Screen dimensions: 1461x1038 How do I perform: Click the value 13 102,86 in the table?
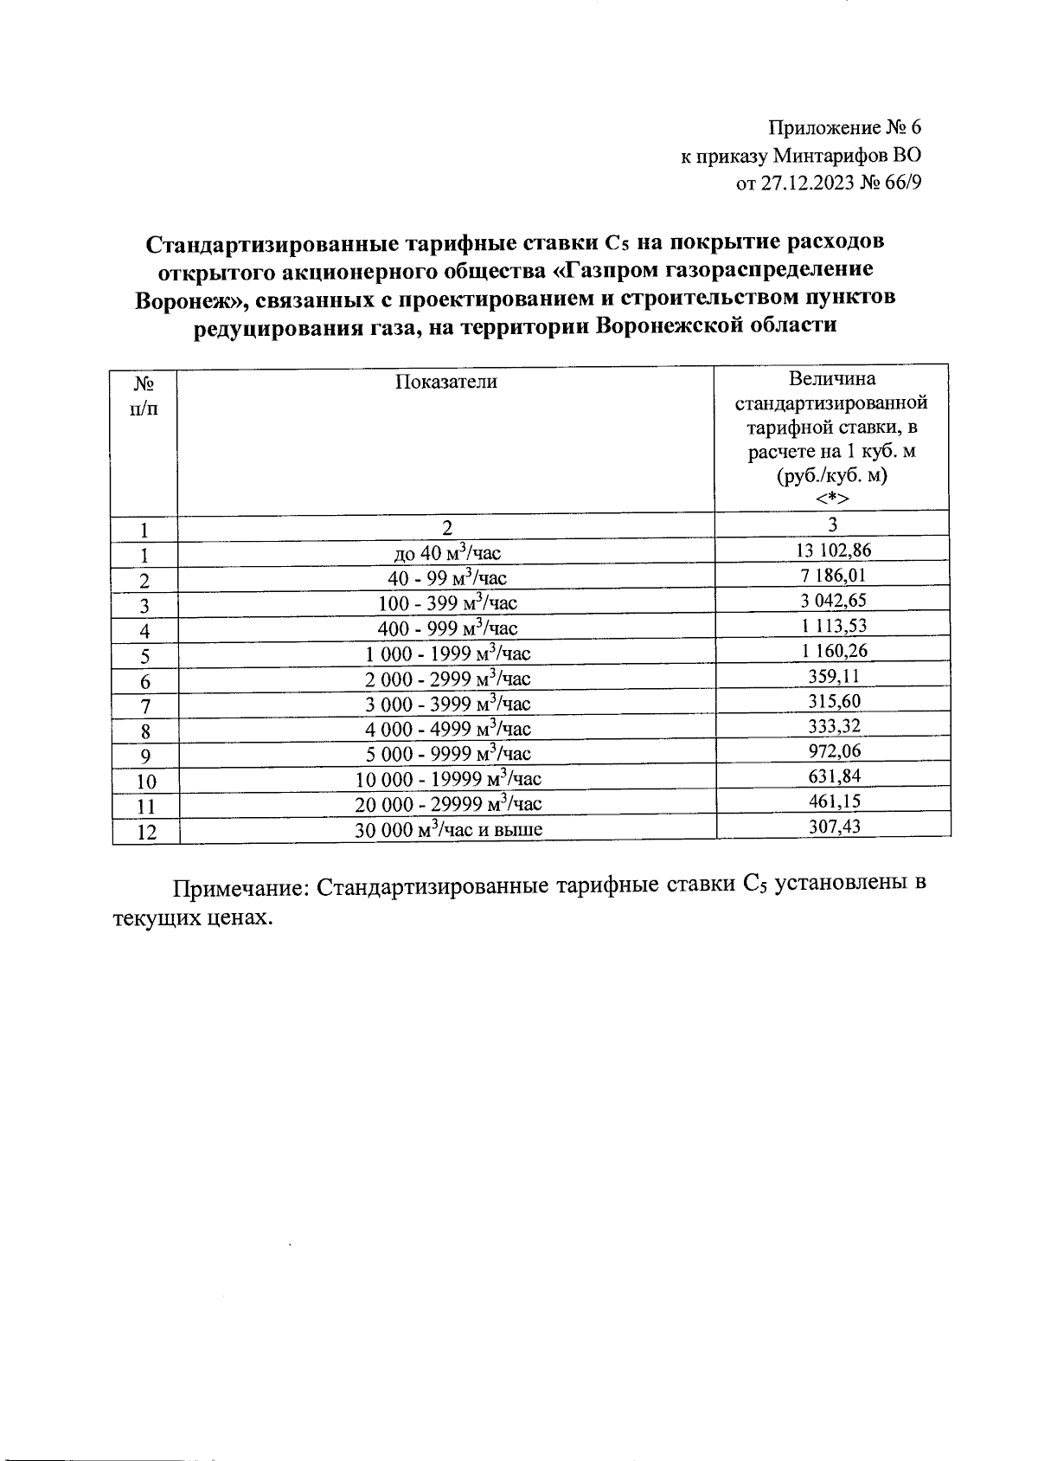[x=831, y=550]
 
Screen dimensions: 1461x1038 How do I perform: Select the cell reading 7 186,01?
[x=831, y=576]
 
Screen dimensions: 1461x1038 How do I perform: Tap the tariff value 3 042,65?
[x=831, y=601]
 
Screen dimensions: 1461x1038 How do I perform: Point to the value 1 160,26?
[x=831, y=651]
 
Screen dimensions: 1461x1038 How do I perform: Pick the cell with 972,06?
[x=831, y=750]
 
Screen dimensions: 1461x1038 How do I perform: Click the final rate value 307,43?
[x=831, y=826]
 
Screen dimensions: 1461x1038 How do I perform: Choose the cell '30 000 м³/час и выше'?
[x=448, y=829]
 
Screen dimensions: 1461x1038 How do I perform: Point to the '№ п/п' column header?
[x=144, y=394]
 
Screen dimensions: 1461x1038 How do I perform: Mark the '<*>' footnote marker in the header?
[x=831, y=499]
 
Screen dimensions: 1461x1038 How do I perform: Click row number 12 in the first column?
[x=146, y=833]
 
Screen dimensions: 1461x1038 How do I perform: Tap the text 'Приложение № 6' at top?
[x=845, y=128]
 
